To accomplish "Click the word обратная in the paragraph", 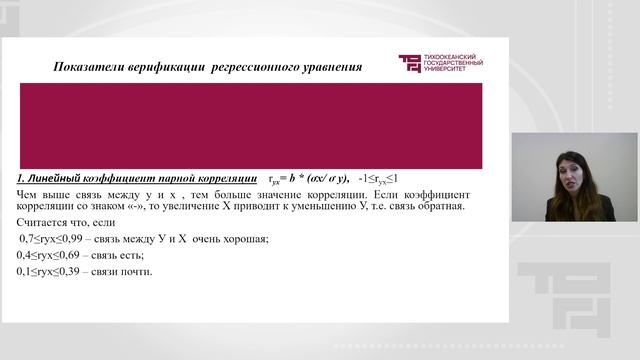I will point(437,206).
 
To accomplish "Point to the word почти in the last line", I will point(135,272).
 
